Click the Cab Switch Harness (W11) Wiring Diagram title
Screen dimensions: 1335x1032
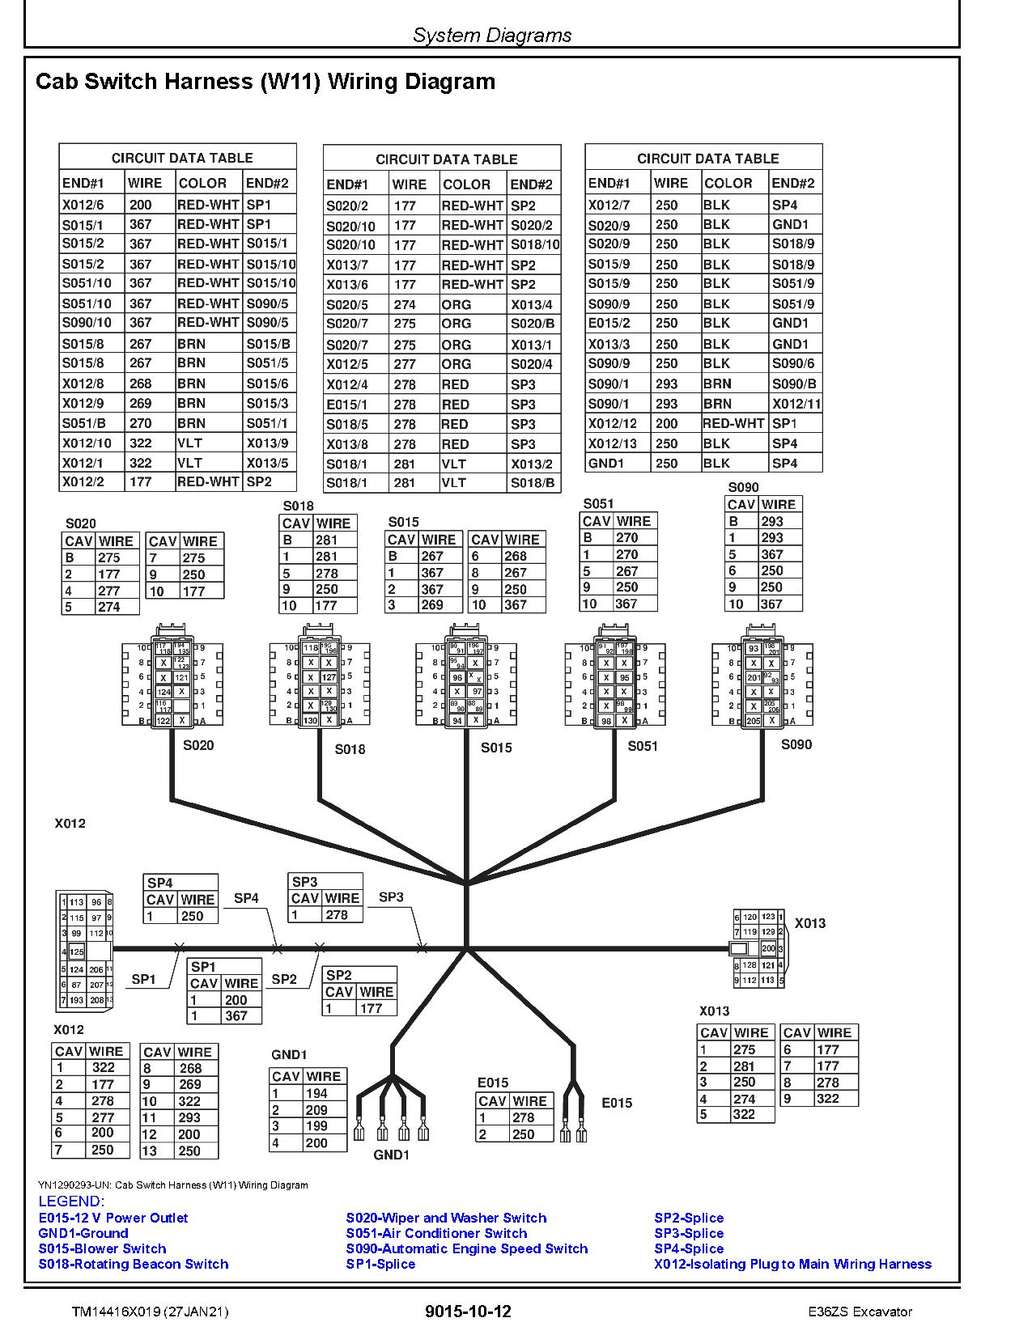[265, 82]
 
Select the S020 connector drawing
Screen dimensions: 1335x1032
[172, 684]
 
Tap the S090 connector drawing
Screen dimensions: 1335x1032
[762, 684]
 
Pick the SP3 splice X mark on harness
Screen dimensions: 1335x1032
[422, 947]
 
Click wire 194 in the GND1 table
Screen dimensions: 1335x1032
[316, 1093]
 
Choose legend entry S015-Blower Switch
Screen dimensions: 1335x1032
[102, 1248]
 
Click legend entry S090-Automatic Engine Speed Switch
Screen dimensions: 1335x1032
[466, 1248]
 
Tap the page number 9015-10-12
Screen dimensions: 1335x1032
[468, 1312]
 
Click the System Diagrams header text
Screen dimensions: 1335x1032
[492, 35]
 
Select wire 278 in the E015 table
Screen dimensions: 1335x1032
[523, 1117]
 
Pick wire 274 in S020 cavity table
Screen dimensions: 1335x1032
[108, 607]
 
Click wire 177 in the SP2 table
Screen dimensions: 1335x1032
[371, 1008]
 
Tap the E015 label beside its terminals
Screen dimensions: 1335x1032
[617, 1103]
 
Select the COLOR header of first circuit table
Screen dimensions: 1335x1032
[202, 183]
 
